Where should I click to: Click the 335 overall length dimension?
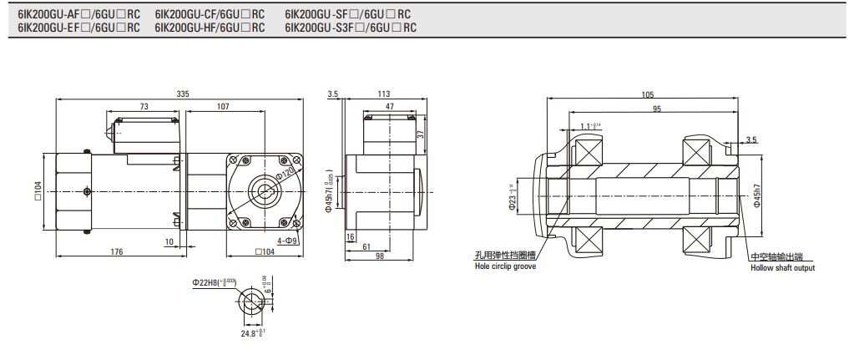click(182, 94)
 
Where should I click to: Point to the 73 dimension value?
click(144, 107)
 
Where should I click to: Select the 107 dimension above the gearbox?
click(223, 107)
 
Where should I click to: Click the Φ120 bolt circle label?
click(286, 173)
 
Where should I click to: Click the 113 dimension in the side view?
click(384, 94)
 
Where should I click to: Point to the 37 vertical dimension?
click(421, 133)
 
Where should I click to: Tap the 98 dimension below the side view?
click(379, 257)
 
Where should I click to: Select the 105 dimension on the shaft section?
click(648, 94)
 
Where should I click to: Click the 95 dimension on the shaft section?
click(657, 109)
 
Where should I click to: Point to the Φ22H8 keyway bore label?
click(214, 284)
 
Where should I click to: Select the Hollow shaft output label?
click(782, 267)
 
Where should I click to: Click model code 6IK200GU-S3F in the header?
click(319, 28)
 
